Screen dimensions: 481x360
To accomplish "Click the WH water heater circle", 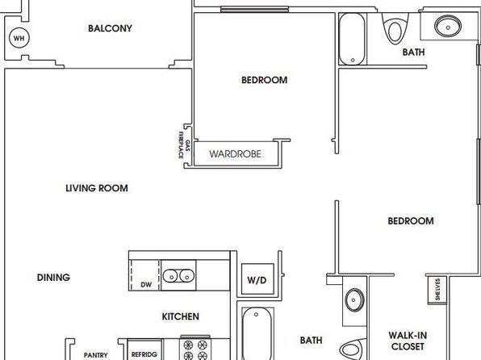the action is coord(19,38).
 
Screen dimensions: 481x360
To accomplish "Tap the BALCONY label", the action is coord(110,28).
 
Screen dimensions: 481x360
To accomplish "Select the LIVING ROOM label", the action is coord(97,188).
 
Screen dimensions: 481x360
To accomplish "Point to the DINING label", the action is coord(53,278).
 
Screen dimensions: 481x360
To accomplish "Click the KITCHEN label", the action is coord(181,316).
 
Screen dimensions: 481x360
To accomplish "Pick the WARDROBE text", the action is coord(236,153).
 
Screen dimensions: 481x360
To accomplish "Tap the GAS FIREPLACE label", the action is coord(184,144).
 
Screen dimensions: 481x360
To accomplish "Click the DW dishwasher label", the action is coord(146,285).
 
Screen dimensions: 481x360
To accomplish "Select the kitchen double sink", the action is coord(178,275).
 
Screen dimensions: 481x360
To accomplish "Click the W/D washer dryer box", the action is coord(257,279).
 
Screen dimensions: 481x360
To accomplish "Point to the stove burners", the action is coord(195,350).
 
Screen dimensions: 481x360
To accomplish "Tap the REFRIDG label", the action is coord(144,355).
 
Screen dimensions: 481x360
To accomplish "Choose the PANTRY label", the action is coord(96,355).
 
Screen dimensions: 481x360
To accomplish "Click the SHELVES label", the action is coord(437,289).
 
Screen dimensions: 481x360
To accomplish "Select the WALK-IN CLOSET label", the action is coord(408,341).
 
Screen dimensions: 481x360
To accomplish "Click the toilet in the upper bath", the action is coord(395,28).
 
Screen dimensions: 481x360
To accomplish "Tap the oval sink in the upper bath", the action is coord(448,26).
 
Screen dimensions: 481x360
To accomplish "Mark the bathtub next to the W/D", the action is coord(257,333).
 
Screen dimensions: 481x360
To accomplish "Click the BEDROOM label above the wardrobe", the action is coord(265,80).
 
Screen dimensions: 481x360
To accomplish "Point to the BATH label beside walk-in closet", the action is coord(311,341).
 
